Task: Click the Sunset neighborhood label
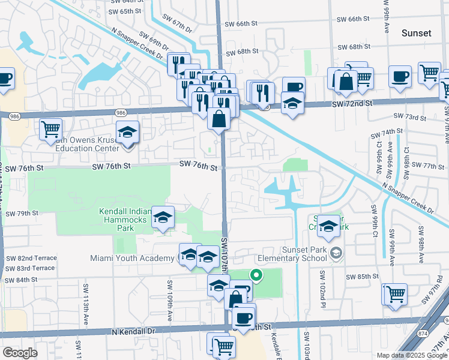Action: [x=416, y=33]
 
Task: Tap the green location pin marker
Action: [x=256, y=276]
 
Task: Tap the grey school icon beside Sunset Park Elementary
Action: [x=336, y=251]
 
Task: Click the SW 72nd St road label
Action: [x=352, y=104]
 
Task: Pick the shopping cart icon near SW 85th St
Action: [x=396, y=294]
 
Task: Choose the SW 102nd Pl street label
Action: [x=323, y=285]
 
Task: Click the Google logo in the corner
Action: [x=20, y=353]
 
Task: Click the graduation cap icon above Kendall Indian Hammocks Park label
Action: [x=162, y=218]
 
